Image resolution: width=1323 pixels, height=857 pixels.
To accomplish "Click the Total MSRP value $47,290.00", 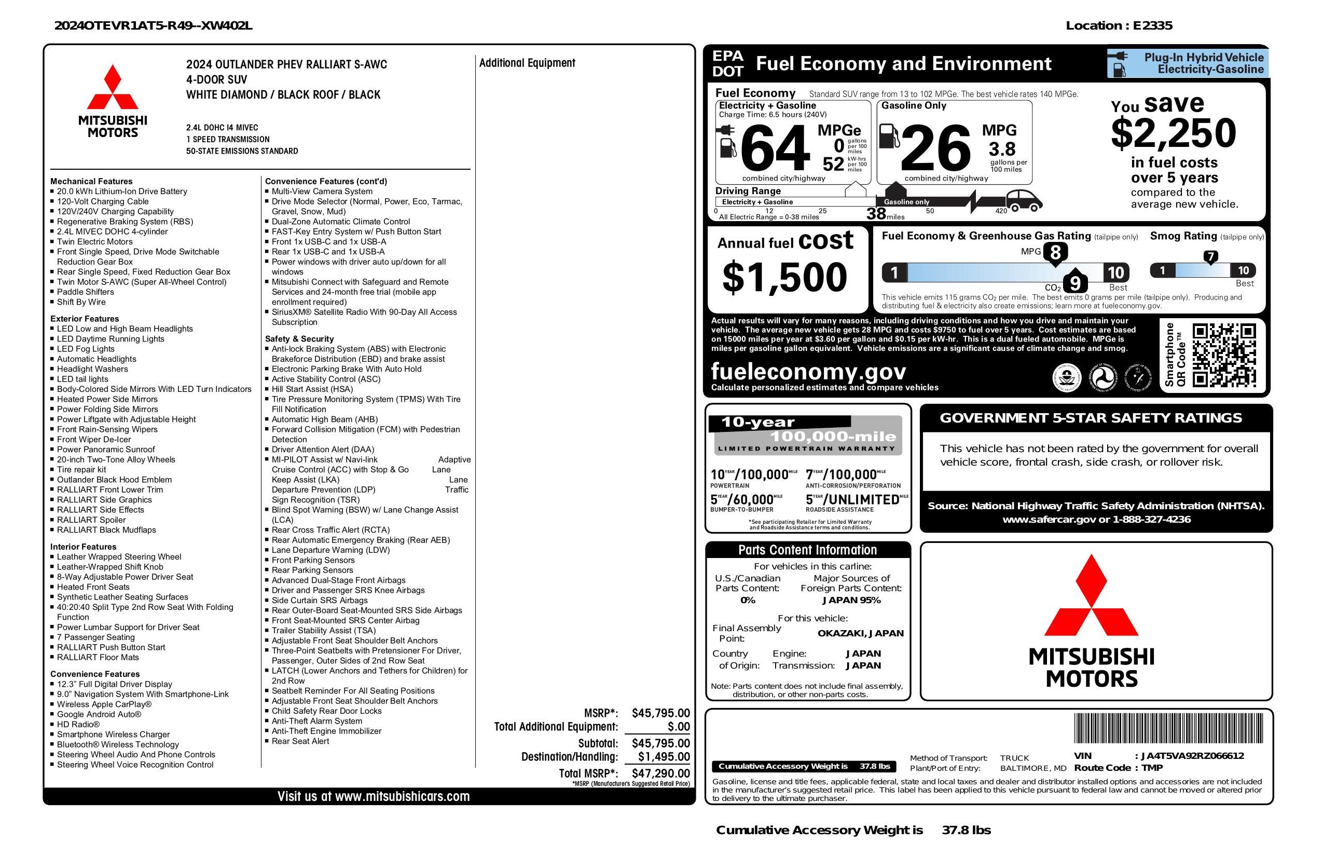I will [x=660, y=773].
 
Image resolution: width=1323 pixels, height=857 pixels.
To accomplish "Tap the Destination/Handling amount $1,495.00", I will [x=664, y=756].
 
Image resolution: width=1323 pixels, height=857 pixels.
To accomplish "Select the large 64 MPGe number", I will [x=775, y=148].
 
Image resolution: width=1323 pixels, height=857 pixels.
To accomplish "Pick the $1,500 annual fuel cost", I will [x=784, y=277].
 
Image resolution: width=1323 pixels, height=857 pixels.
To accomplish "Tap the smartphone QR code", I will [x=1224, y=356].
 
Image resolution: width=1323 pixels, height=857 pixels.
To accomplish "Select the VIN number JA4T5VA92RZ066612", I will [x=1192, y=755].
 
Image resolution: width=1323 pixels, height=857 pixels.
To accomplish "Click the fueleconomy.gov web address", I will [x=808, y=371].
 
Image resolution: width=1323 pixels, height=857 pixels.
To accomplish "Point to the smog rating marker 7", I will [x=1210, y=257].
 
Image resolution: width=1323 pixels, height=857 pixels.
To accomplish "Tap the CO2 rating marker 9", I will [x=1074, y=283].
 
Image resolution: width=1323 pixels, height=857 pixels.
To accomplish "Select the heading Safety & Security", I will [x=299, y=338].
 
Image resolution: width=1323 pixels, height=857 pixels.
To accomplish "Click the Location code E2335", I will [x=1152, y=25].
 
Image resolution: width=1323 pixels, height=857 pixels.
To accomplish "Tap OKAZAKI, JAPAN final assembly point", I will [x=860, y=633].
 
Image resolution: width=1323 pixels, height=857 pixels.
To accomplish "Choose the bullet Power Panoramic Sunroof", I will [x=106, y=450].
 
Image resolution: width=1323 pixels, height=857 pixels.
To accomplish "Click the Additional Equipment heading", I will [x=527, y=63].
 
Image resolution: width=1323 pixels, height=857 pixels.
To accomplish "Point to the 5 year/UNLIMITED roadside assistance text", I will [x=857, y=499].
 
